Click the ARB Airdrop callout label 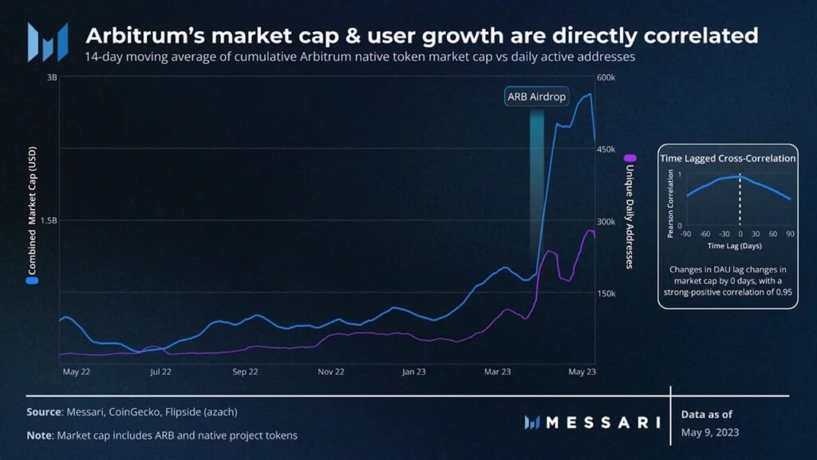coord(536,97)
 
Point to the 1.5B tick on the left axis coord(48,220)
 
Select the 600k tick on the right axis coord(607,77)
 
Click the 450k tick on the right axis coord(607,149)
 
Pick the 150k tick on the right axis coord(607,293)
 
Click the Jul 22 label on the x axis coord(160,371)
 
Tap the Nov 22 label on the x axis coord(330,371)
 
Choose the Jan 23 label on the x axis coord(415,371)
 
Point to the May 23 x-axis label coord(582,371)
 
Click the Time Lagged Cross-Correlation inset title coord(728,158)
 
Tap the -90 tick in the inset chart coord(685,235)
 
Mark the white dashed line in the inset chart coord(740,203)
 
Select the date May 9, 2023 coord(710,432)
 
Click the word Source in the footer coord(43,411)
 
